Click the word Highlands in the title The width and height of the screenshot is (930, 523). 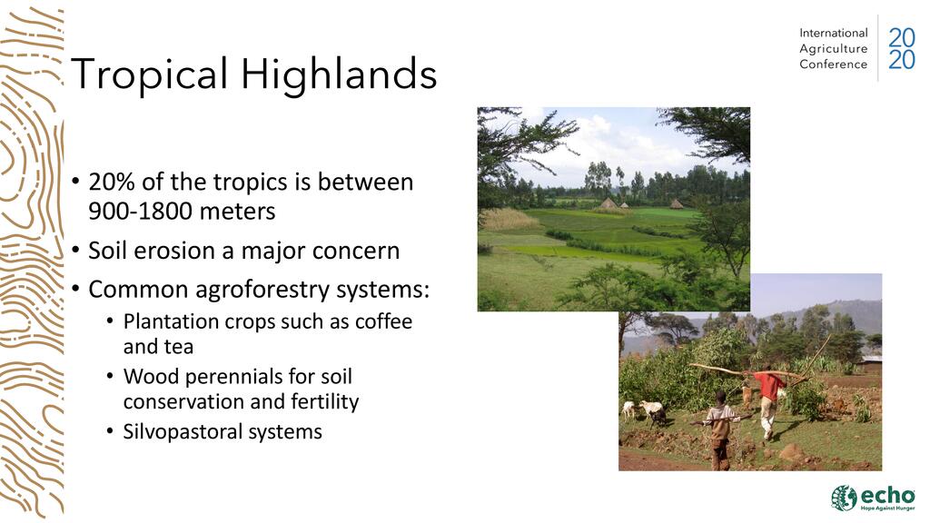[x=339, y=74]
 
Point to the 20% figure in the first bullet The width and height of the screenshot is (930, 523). [x=112, y=182]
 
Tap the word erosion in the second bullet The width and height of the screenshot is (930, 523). [x=174, y=251]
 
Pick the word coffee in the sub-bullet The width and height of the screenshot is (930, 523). [x=383, y=321]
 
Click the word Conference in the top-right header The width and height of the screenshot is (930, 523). [x=834, y=64]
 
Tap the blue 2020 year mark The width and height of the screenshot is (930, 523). [x=901, y=49]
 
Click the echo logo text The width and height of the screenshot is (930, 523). [x=888, y=495]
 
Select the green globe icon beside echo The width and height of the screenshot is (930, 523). [x=844, y=498]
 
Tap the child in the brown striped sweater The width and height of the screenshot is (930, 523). [x=720, y=429]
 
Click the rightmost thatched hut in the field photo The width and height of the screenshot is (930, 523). [x=676, y=204]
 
